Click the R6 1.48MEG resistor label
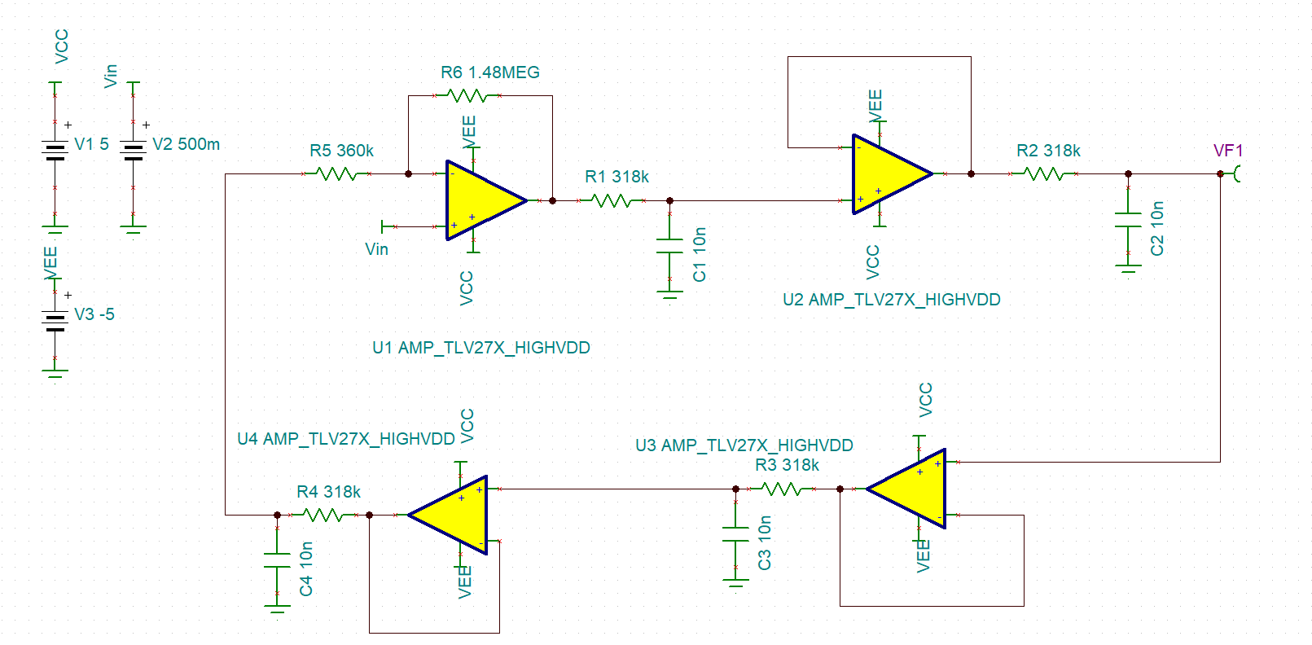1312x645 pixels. pyautogui.click(x=489, y=72)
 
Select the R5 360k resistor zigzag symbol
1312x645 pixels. pyautogui.click(x=336, y=174)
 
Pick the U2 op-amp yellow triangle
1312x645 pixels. pyautogui.click(x=892, y=174)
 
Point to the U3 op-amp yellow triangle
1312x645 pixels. pyautogui.click(x=906, y=489)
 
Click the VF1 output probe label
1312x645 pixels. pyautogui.click(x=1227, y=151)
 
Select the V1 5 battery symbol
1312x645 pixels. pyautogui.click(x=55, y=151)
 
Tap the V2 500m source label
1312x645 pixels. pyautogui.click(x=186, y=144)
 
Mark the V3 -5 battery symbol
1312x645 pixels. pyautogui.click(x=55, y=321)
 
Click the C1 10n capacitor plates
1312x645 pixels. pyautogui.click(x=670, y=246)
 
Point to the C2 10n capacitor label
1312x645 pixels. pyautogui.click(x=1156, y=229)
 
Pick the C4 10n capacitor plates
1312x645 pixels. pyautogui.click(x=277, y=560)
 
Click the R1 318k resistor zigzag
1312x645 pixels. pyautogui.click(x=611, y=201)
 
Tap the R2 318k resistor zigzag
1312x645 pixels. pyautogui.click(x=1043, y=174)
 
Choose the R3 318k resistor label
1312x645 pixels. pyautogui.click(x=787, y=465)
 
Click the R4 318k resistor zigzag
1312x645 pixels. pyautogui.click(x=323, y=515)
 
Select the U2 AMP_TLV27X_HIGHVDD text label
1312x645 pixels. pyautogui.click(x=892, y=300)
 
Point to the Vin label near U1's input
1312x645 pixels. pyautogui.click(x=376, y=249)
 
